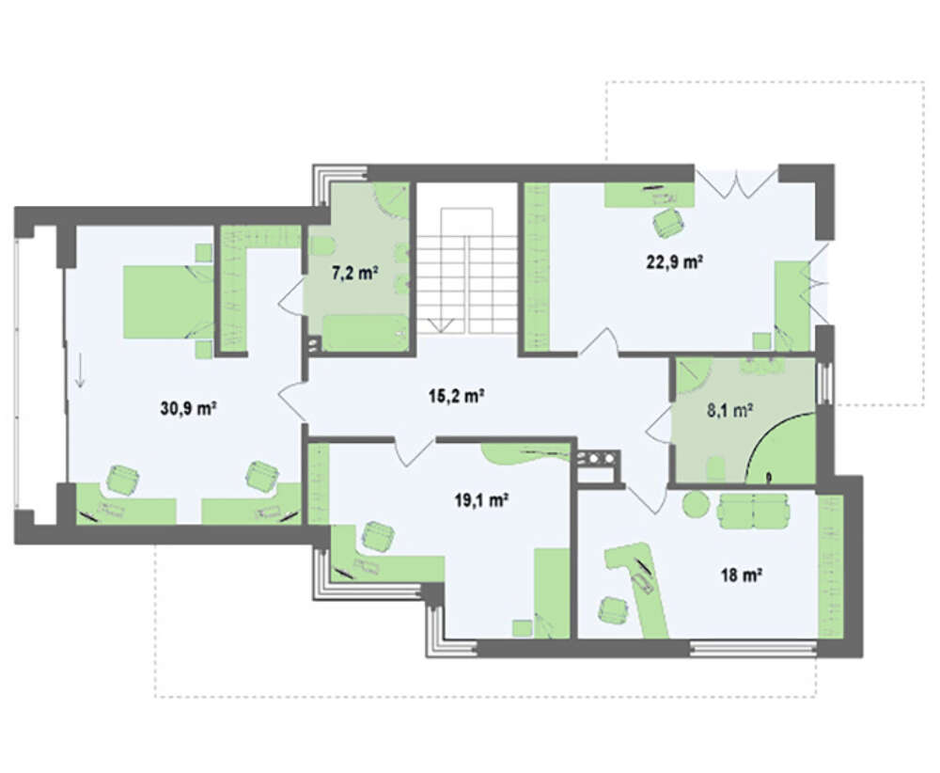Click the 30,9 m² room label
pos(188,409)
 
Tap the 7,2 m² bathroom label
pos(355,274)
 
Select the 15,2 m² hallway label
pos(457,396)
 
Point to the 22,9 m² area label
pos(674,262)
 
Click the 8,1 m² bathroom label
pos(729,410)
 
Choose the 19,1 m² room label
pos(482,499)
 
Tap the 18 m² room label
pos(741,576)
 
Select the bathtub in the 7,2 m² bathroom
pos(366,332)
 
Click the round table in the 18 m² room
pos(697,504)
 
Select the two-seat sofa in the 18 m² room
pos(754,511)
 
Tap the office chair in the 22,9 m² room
pos(667,223)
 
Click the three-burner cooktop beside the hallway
pos(596,459)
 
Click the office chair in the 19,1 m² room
pos(377,535)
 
